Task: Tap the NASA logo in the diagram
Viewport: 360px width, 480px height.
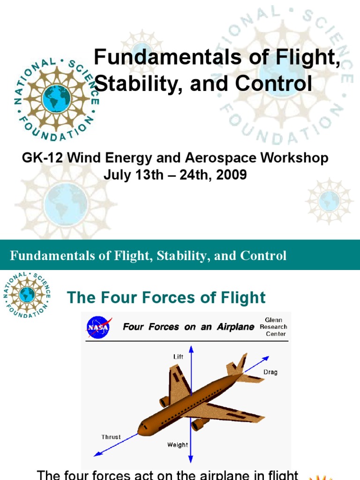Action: click(98, 327)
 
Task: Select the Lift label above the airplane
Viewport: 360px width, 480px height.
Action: click(179, 357)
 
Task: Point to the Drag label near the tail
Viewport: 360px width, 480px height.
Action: click(270, 372)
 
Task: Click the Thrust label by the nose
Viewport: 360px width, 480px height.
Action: click(111, 437)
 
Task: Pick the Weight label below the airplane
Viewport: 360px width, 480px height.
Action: click(178, 445)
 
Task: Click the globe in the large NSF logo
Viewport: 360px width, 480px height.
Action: click(56, 98)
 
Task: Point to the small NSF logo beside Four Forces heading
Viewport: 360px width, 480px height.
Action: click(27, 294)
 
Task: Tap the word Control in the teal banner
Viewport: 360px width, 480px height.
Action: click(263, 256)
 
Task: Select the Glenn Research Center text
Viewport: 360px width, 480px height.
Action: click(273, 327)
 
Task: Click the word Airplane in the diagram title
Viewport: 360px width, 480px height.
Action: click(234, 327)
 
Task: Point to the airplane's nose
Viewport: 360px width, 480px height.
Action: click(140, 428)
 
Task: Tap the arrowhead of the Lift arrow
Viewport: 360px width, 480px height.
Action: click(191, 348)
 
